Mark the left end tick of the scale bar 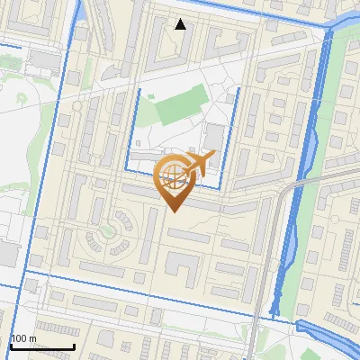(11, 346)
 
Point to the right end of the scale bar (74, 346)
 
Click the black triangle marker (181, 24)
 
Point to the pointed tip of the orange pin (174, 211)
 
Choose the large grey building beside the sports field (214, 140)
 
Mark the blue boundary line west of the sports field (139, 126)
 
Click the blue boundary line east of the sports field (238, 126)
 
